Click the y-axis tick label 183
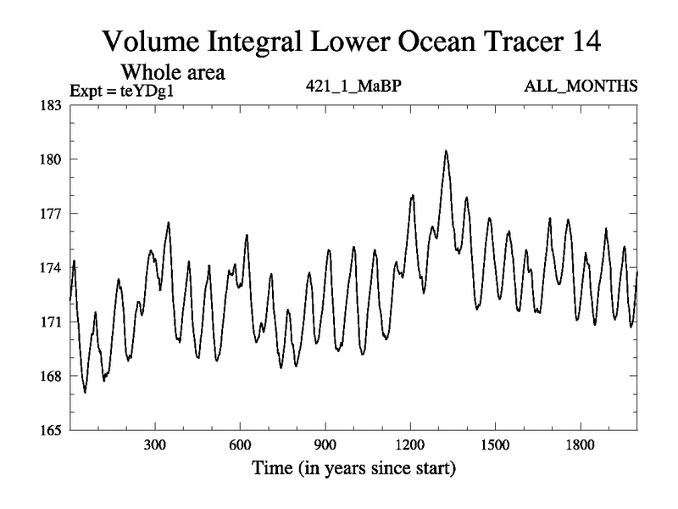point(48,105)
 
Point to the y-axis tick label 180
point(48,159)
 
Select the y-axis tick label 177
point(48,214)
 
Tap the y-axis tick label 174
point(48,268)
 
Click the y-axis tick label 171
point(48,322)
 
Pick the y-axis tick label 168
point(48,377)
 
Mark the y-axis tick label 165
point(48,431)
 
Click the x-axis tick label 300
point(155,445)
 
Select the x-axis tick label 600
point(240,445)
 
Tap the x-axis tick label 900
point(325,445)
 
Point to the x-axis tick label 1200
point(409,445)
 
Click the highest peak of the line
point(446,151)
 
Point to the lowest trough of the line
point(85,392)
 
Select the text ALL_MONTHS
point(581,87)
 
